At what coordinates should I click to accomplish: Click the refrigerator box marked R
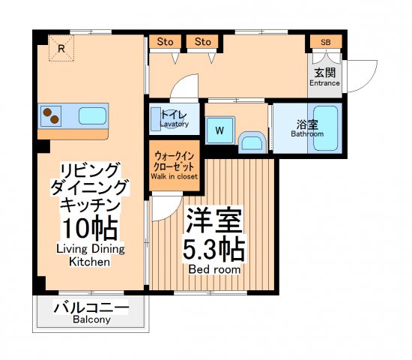61,49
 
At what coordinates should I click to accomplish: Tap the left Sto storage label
164,41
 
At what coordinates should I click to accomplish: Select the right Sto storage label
203,41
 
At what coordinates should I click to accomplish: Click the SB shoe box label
326,42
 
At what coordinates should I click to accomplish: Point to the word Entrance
325,83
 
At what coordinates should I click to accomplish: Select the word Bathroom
307,134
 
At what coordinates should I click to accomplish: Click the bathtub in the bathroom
327,129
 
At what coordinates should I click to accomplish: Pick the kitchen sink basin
92,115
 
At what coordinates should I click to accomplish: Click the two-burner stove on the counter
51,115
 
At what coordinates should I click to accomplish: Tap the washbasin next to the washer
252,142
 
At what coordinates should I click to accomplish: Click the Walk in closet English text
174,177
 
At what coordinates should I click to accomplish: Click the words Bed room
213,268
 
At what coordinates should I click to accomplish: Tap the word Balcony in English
91,320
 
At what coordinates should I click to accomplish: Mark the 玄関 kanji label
325,72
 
